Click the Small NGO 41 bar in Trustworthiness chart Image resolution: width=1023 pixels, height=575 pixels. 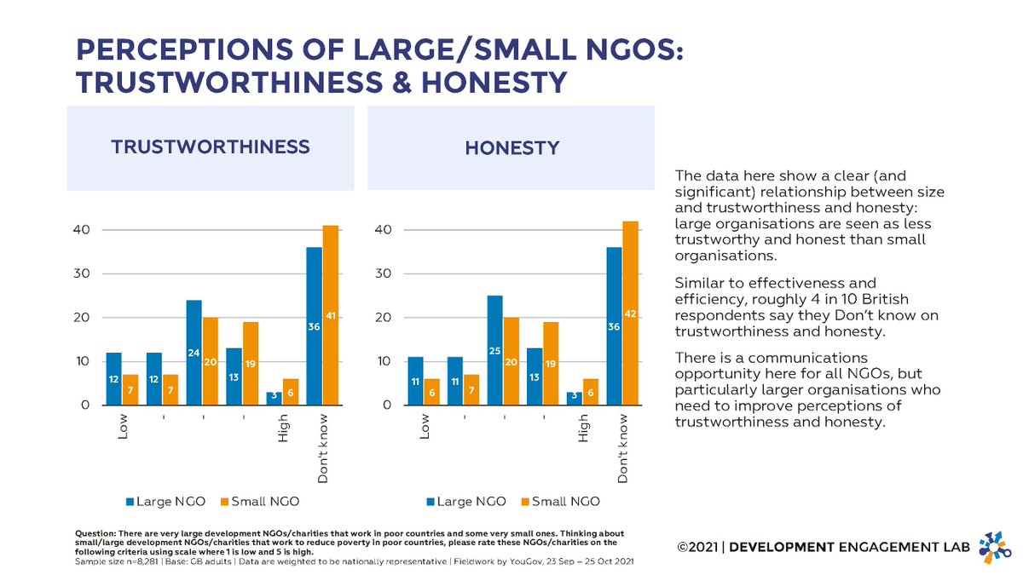pos(331,315)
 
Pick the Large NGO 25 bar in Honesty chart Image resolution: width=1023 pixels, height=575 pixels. pos(494,350)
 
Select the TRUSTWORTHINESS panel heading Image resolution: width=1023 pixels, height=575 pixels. pos(211,147)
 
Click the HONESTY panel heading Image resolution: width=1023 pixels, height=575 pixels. pos(511,148)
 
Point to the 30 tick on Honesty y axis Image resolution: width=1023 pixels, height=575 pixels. pos(383,274)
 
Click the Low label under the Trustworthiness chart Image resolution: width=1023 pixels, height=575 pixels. pos(124,428)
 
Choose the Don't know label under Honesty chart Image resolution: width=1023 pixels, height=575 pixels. pos(623,450)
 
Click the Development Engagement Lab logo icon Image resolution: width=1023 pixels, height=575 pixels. pos(991,546)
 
